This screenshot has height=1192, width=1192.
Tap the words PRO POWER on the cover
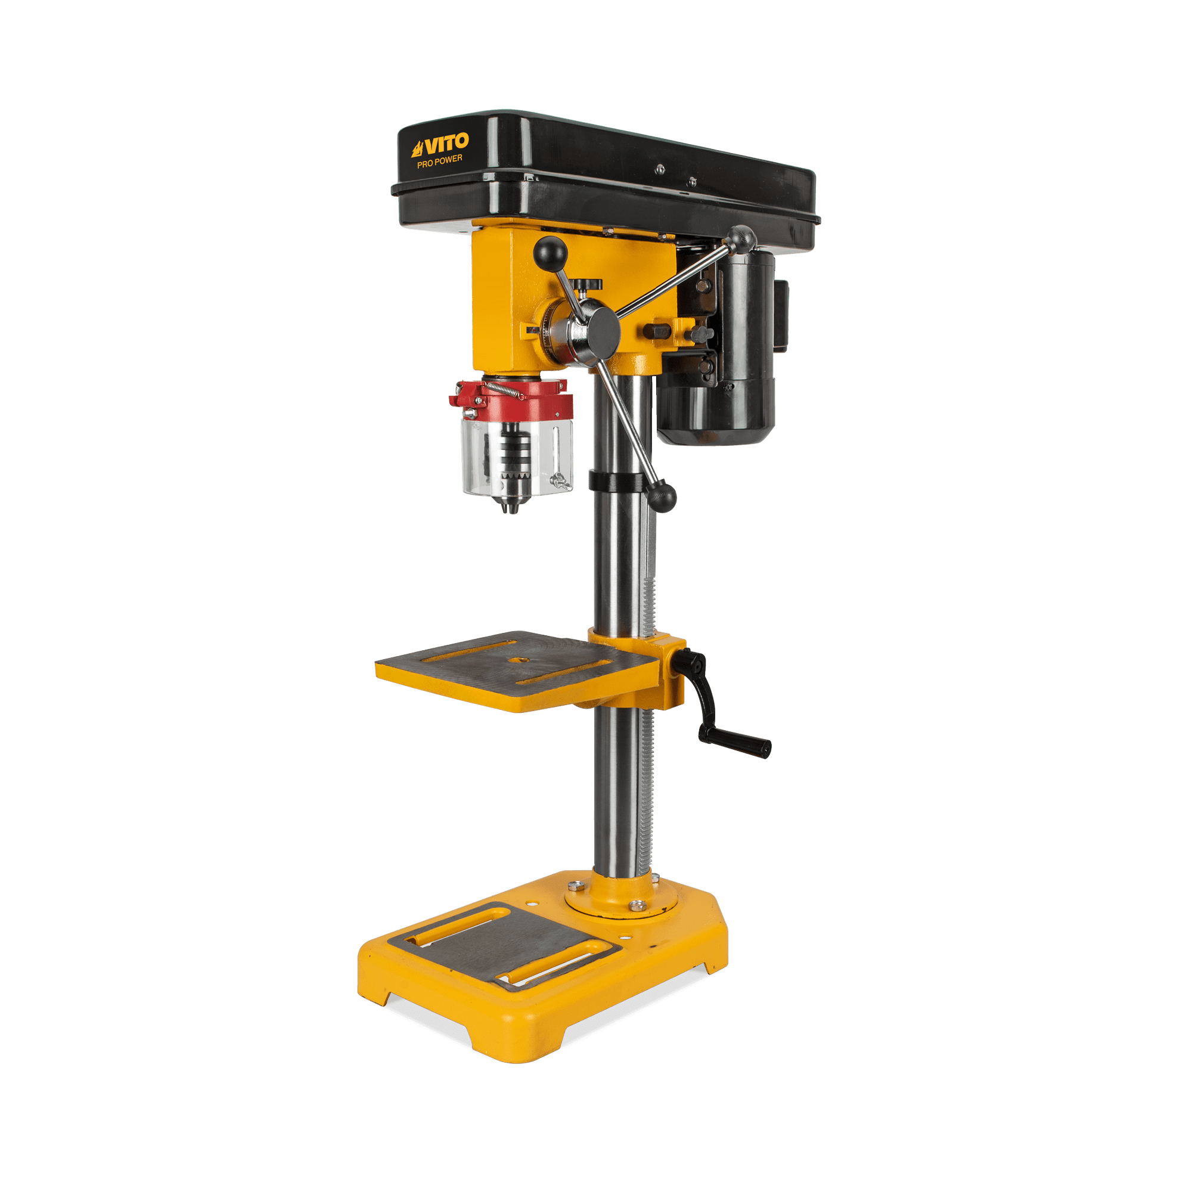coord(439,161)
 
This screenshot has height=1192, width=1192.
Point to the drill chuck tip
coord(510,508)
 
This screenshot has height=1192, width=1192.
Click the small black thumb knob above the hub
coord(589,283)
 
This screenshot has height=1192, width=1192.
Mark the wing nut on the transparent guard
coord(561,480)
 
